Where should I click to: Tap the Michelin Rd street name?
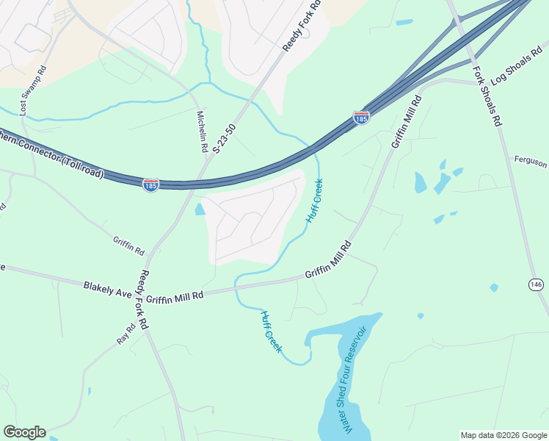point(202,132)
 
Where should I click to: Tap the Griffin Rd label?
point(128,244)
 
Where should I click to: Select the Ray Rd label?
point(126,334)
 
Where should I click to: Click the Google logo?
point(24,432)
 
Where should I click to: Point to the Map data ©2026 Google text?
point(503,435)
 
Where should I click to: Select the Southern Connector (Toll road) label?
point(51,155)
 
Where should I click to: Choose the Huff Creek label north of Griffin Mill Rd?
point(314,201)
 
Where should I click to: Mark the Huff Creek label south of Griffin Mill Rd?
point(270,331)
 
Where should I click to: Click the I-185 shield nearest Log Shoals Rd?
point(361,118)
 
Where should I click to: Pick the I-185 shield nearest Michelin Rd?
point(150,185)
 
